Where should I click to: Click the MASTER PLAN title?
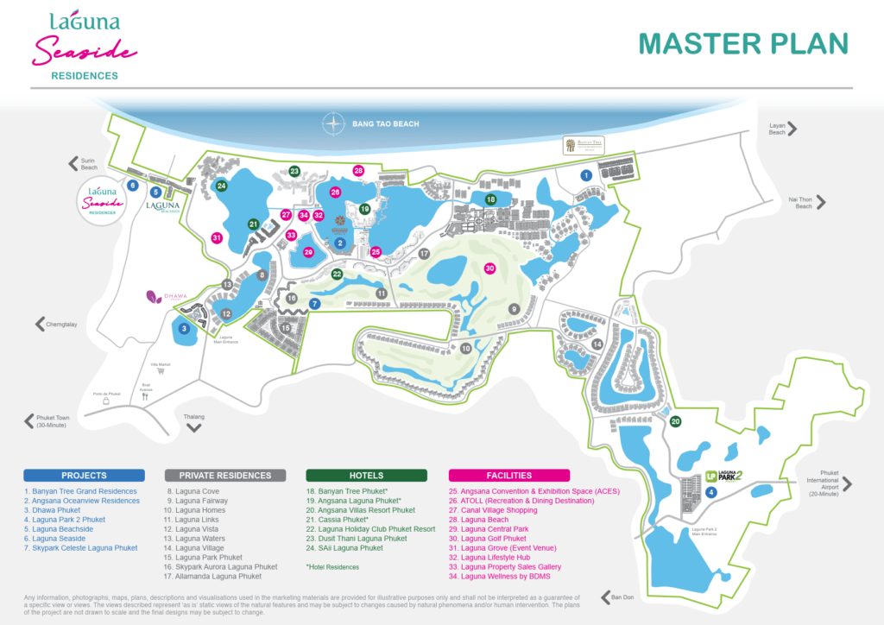[742, 43]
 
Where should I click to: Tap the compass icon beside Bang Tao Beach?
[333, 124]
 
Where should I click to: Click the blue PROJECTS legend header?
[84, 475]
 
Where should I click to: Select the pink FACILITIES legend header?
[508, 475]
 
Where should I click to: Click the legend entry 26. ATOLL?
[521, 501]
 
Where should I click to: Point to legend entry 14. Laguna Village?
[199, 548]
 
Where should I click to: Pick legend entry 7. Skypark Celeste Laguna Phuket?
[80, 548]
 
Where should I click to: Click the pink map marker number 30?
[489, 268]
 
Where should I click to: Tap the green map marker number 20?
[676, 421]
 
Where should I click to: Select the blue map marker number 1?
[586, 175]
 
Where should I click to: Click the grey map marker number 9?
[514, 309]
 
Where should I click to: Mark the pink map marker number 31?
[217, 238]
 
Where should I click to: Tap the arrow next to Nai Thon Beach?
[821, 203]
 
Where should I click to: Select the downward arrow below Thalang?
[194, 426]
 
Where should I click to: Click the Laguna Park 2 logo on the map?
[723, 476]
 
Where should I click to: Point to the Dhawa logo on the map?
[163, 297]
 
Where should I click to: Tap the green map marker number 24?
[222, 186]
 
